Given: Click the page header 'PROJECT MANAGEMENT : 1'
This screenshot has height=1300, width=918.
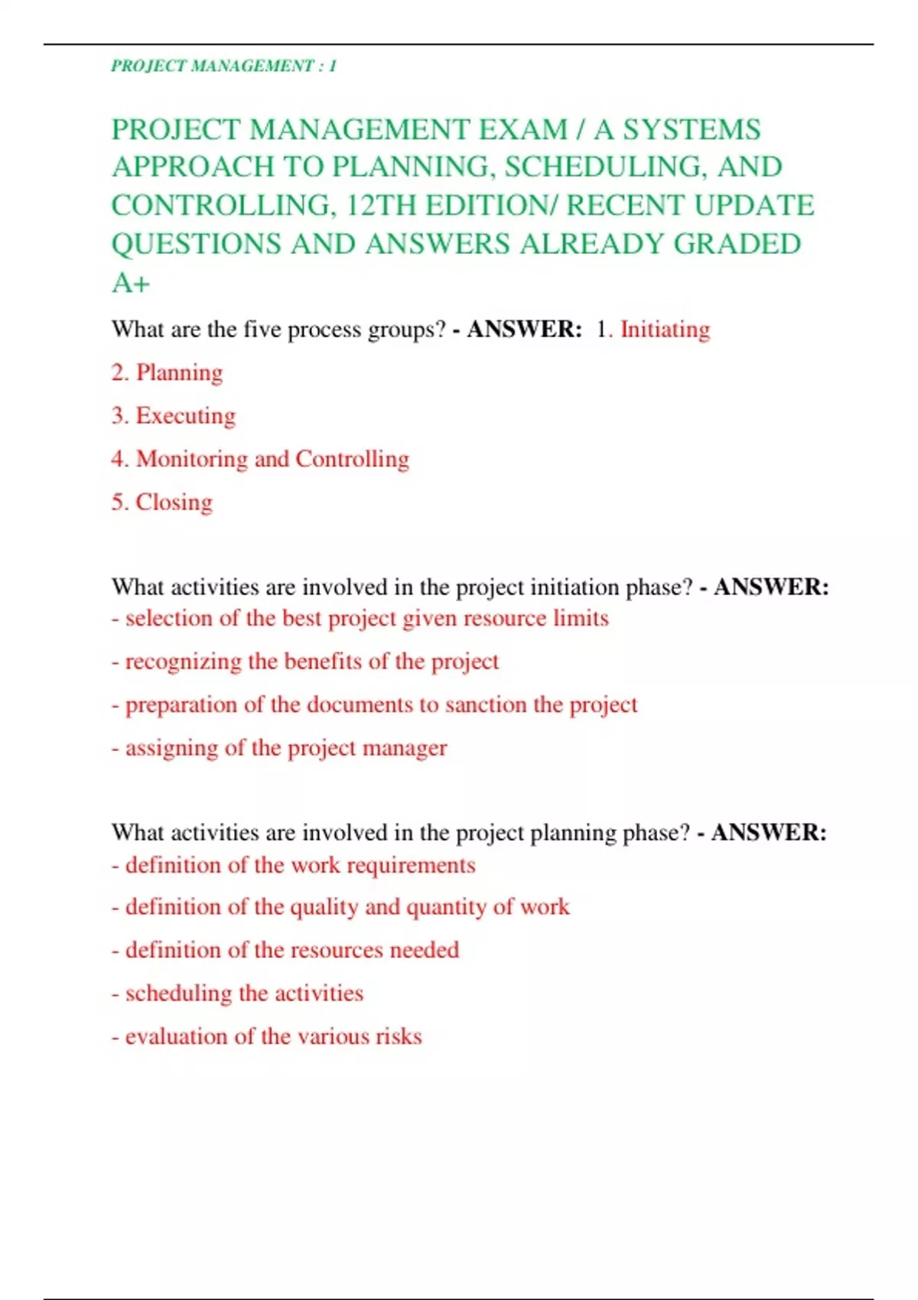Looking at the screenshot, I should (x=223, y=66).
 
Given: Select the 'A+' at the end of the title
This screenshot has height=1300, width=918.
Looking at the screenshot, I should (x=131, y=283).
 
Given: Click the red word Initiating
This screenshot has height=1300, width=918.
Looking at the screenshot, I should (x=665, y=329).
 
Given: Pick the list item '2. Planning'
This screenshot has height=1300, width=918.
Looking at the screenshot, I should (x=167, y=372).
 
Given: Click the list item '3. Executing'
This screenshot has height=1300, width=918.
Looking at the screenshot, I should (x=174, y=415).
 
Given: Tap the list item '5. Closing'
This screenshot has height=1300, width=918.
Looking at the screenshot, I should (x=162, y=502).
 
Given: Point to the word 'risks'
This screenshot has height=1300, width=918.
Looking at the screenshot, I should (x=400, y=1036).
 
